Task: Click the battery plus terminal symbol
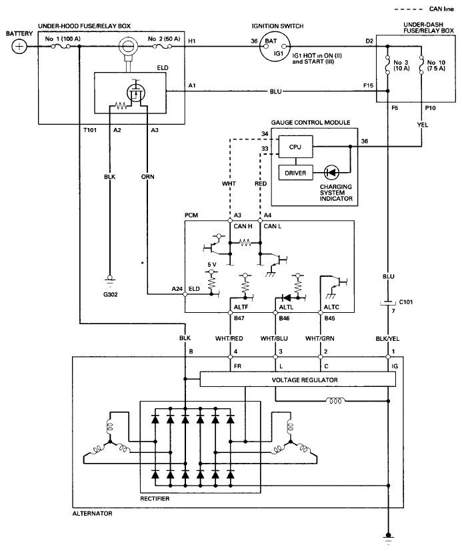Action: click(x=19, y=47)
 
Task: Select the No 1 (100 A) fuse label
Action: click(x=63, y=39)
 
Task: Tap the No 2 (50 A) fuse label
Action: click(x=164, y=39)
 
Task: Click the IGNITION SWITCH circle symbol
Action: click(x=275, y=47)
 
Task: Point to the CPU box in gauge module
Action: click(x=295, y=147)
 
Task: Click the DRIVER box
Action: click(x=295, y=173)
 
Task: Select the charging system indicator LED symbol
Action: click(x=331, y=173)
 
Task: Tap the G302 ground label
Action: click(x=110, y=294)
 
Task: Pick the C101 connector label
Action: click(x=406, y=302)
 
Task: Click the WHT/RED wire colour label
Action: click(x=229, y=338)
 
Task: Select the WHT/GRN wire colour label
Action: click(x=320, y=338)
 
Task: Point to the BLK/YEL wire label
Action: click(x=387, y=339)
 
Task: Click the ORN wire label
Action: click(x=147, y=176)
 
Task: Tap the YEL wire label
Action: click(x=422, y=125)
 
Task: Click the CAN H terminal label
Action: click(x=243, y=226)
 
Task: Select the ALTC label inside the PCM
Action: click(x=331, y=307)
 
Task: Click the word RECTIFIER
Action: click(x=155, y=499)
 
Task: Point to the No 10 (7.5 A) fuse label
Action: click(x=436, y=65)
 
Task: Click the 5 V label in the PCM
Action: click(x=212, y=264)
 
